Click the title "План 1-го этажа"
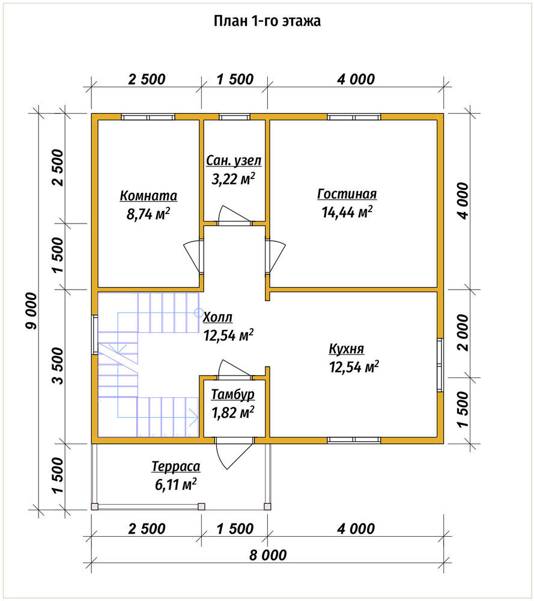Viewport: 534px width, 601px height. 267,21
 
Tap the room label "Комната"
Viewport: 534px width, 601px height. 148,195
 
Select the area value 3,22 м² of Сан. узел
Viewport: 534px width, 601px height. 233,179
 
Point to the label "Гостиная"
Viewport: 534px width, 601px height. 347,194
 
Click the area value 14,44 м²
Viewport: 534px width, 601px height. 347,212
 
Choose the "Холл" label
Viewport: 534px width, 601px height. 217,317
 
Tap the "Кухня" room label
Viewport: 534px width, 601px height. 347,349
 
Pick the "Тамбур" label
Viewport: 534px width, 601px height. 233,394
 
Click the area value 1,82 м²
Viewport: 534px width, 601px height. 233,412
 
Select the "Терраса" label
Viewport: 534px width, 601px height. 176,466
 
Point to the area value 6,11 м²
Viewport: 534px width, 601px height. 176,484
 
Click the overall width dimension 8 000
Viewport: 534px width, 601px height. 268,555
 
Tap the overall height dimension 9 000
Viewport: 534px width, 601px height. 31,311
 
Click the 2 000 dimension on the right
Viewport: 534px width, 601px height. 463,333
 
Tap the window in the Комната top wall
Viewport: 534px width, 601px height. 148,117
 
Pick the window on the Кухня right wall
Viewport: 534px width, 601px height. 440,365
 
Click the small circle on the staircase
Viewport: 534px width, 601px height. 199,313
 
